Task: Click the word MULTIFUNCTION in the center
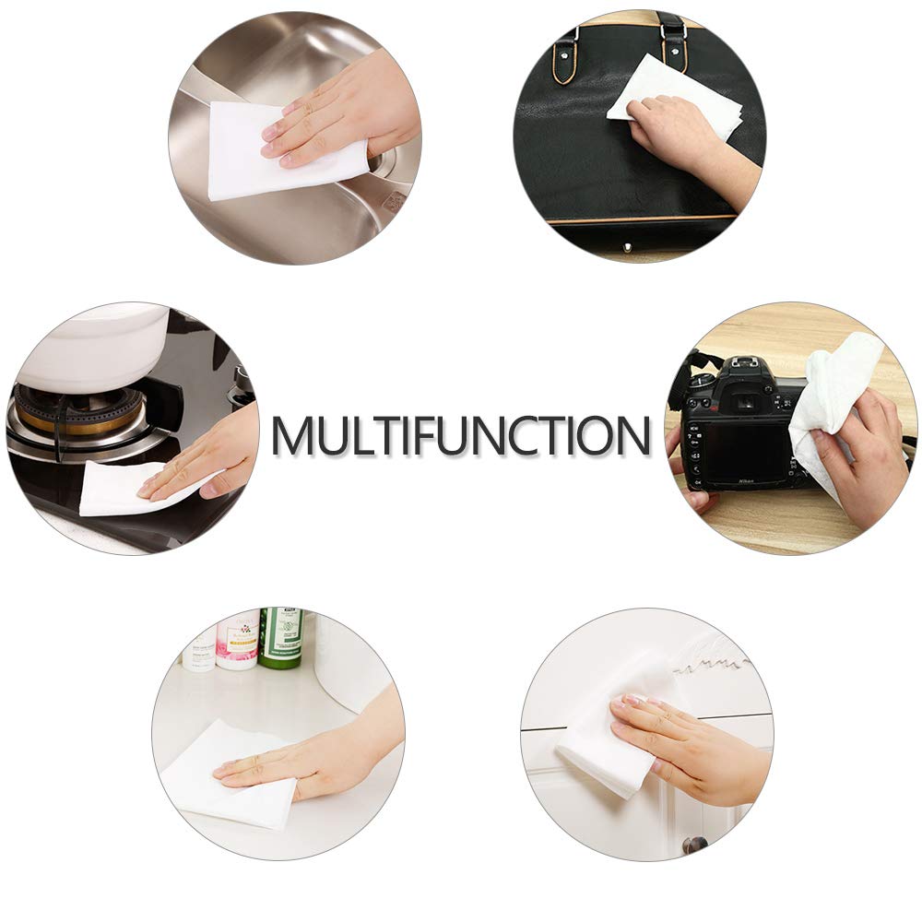461,435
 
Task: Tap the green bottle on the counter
281,637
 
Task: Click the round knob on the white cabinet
695,845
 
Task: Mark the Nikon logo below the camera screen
746,481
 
